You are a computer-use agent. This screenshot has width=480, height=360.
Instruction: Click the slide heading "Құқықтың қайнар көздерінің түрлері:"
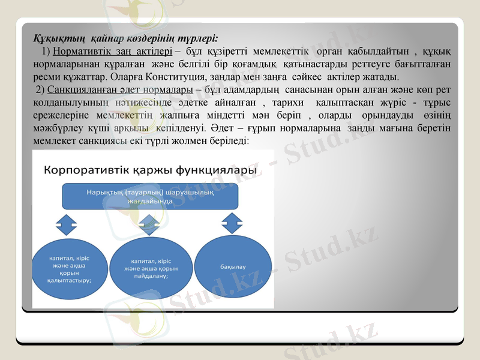click(x=125, y=37)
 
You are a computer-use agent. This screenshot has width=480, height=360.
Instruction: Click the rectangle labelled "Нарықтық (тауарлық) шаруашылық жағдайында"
click(x=151, y=197)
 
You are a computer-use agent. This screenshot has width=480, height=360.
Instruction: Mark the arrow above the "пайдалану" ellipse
click(x=148, y=225)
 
